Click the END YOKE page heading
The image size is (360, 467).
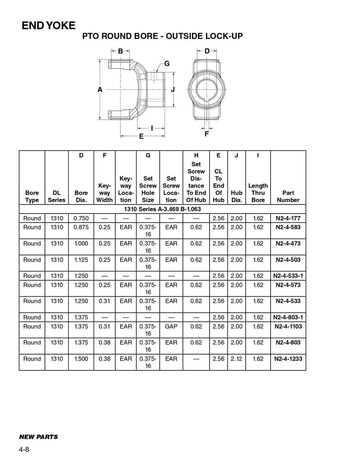[x=49, y=26]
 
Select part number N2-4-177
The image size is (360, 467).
[x=288, y=218]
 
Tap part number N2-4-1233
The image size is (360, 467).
[x=288, y=359]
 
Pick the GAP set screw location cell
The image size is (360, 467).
[x=171, y=327]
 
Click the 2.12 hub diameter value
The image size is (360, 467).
[x=237, y=359]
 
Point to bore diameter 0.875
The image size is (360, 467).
[x=81, y=227]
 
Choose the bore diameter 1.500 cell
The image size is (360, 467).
[x=81, y=359]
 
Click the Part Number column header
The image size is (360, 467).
[x=288, y=196]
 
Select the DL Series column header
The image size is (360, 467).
[x=57, y=196]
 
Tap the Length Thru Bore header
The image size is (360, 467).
[x=258, y=193]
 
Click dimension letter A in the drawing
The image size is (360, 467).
[x=100, y=89]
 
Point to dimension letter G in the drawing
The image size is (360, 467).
[x=167, y=64]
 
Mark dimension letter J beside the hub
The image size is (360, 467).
[x=173, y=89]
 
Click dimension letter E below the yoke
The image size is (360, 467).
[x=141, y=136]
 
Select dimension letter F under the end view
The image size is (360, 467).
[x=207, y=134]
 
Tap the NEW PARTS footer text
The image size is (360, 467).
[x=38, y=437]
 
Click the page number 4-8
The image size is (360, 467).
[x=24, y=449]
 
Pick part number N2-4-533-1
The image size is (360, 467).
[x=288, y=276]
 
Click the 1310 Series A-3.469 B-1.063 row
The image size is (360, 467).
[x=162, y=209]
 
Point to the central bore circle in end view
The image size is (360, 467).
[x=206, y=89]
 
